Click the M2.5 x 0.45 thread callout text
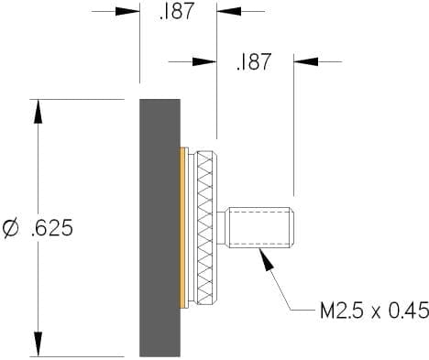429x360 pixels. pos(374,311)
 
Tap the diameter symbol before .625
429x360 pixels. pos(10,228)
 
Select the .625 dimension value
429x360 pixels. pos(52,228)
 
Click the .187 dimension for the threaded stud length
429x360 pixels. pos(254,61)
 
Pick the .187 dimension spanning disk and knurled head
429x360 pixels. pos(177,11)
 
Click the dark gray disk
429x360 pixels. pos(159,228)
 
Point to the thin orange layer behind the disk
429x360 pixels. pos(182,228)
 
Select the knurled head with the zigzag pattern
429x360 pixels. pos(207,228)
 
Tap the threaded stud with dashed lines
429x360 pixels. pos(259,228)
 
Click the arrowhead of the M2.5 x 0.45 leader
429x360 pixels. pos(266,260)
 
